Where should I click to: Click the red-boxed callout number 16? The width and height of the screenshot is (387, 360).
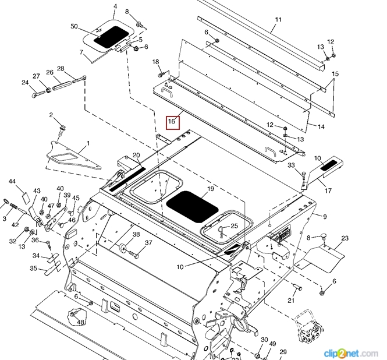[173, 122]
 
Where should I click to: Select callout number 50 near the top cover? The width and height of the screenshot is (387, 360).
[74, 27]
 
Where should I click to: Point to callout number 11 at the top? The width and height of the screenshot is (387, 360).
[278, 20]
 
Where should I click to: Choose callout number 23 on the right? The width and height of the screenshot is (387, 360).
[345, 238]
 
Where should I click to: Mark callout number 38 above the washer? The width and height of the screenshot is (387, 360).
[136, 235]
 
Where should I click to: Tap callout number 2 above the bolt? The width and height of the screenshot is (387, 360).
[51, 115]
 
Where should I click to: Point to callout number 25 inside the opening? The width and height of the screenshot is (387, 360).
[234, 225]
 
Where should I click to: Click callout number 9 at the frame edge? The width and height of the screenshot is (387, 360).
[324, 217]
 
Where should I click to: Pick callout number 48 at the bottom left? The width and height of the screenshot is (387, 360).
[80, 322]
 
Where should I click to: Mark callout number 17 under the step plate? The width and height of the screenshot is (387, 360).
[328, 190]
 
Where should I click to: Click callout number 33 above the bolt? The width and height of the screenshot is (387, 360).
[291, 165]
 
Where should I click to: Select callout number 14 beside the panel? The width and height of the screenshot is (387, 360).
[321, 126]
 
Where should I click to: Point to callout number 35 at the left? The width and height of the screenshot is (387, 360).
[34, 269]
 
